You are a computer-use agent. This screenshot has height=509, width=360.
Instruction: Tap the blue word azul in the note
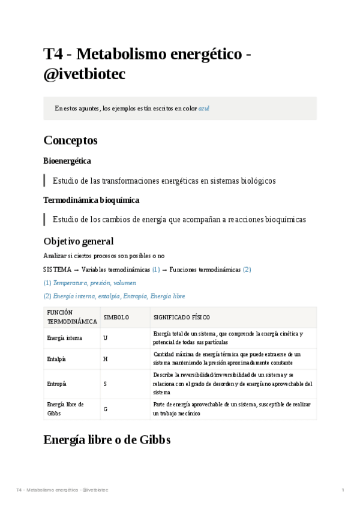coord(204,109)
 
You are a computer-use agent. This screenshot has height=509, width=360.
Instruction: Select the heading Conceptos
coord(70,140)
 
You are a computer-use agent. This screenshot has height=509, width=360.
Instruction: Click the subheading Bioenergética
coord(67,161)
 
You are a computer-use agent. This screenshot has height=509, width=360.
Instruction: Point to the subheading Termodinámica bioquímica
coord(91,200)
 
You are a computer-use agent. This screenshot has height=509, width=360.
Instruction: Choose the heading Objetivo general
coord(79,241)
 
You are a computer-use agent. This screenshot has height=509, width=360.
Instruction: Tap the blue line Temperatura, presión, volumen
coord(94,283)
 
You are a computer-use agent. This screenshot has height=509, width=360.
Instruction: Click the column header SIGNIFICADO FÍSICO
coord(181,318)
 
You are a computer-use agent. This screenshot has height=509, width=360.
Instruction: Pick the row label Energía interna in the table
coord(65,338)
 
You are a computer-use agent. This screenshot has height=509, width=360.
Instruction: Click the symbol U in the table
coord(106,338)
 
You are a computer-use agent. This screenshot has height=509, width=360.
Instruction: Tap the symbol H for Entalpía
coord(106,359)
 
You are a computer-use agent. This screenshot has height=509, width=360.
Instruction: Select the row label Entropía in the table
coord(57,384)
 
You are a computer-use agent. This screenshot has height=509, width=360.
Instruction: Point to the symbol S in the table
coord(106,384)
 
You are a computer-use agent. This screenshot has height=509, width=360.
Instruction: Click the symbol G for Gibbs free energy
coord(106,409)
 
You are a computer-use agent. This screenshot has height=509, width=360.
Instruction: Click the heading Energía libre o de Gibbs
coord(107,439)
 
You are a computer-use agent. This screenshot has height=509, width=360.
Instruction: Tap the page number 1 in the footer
coord(343,490)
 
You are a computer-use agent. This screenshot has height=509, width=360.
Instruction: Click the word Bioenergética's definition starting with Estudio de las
coord(164,181)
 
